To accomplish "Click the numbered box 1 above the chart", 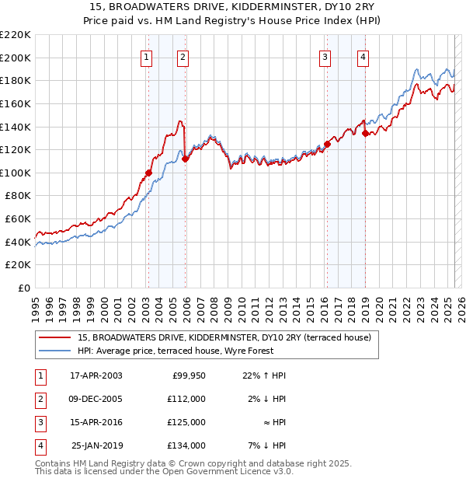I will [146, 56].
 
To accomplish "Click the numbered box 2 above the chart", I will [182, 56].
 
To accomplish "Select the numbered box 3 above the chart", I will [325, 56].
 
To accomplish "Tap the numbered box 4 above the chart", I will [363, 56].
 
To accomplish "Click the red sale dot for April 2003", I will [148, 173].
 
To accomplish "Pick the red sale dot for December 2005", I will [185, 159].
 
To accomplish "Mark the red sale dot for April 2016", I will [328, 144].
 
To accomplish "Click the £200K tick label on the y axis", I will [16, 58].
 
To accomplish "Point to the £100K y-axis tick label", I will [16, 173].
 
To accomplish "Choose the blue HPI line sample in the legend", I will [56, 351].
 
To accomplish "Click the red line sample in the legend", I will [56, 337].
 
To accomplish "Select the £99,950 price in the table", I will [187, 375].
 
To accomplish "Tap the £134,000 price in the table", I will [187, 445].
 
